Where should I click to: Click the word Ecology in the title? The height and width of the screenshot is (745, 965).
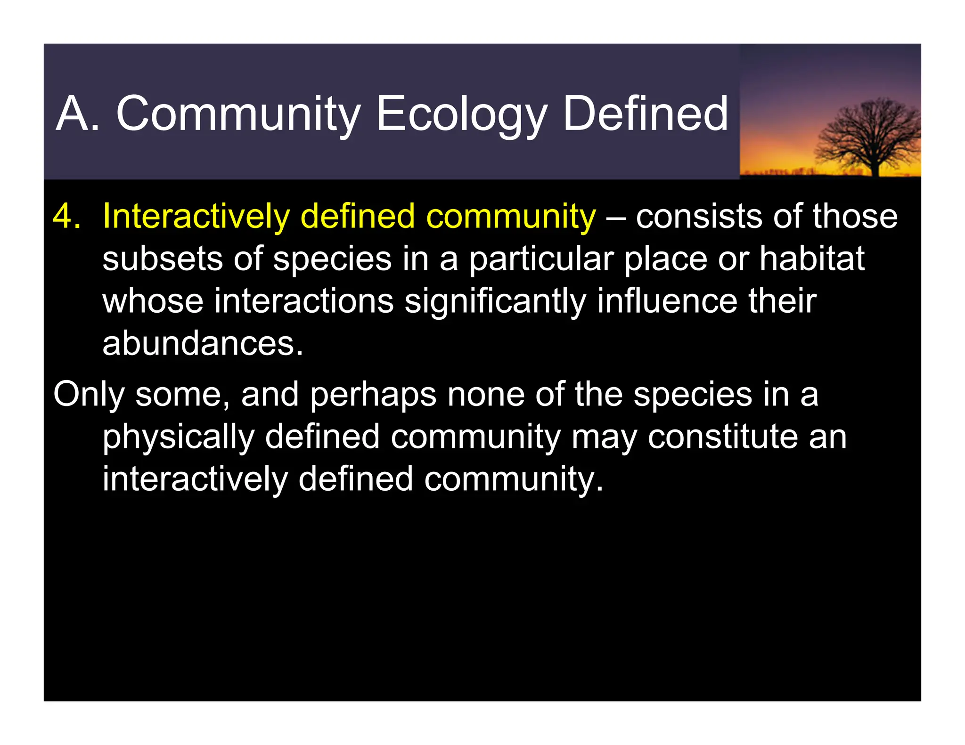(x=461, y=114)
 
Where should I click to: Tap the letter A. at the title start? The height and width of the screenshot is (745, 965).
(x=77, y=114)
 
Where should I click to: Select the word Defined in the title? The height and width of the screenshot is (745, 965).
(x=645, y=114)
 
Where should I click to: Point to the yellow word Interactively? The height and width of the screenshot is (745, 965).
(x=196, y=217)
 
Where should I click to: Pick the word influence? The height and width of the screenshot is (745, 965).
(x=667, y=301)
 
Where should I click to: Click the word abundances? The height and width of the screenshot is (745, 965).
(x=203, y=344)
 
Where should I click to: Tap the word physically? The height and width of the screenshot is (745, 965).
(x=179, y=437)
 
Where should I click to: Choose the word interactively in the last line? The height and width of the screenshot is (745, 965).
(x=195, y=479)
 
